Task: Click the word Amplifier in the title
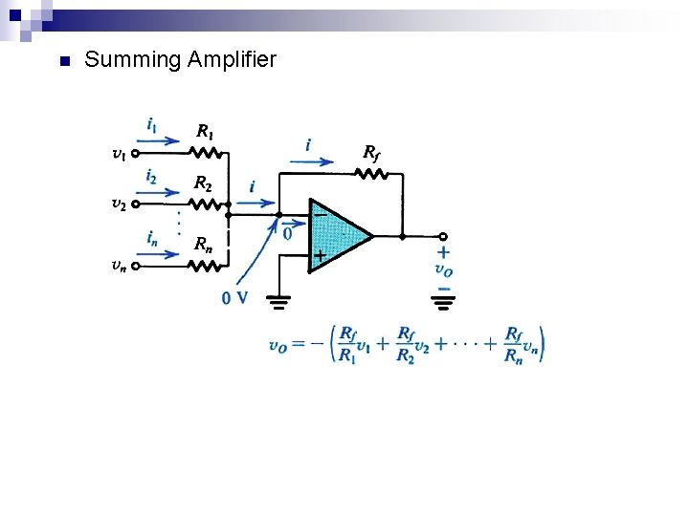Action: [233, 60]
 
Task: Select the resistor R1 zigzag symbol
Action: [205, 152]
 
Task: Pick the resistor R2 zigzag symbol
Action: [205, 204]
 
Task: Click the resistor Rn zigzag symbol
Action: [205, 266]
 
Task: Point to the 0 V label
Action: [234, 298]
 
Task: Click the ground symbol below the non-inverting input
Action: [278, 305]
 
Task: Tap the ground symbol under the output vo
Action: [443, 305]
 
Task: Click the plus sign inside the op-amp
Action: [320, 256]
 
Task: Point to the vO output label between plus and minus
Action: [443, 269]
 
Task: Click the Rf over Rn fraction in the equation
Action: [514, 345]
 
